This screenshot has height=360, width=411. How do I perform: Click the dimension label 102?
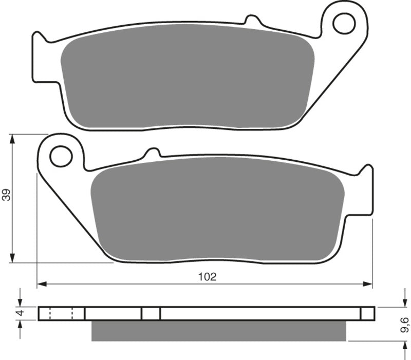tap(207, 276)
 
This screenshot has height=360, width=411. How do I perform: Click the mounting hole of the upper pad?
tap(343, 23)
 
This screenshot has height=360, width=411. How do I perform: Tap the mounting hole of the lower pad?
tap(61, 156)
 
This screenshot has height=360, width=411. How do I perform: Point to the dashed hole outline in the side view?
tap(61, 313)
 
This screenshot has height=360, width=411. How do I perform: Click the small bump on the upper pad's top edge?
tap(252, 21)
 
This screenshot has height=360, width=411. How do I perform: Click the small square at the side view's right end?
tap(367, 313)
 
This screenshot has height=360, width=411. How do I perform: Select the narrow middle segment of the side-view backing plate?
tap(151, 313)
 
